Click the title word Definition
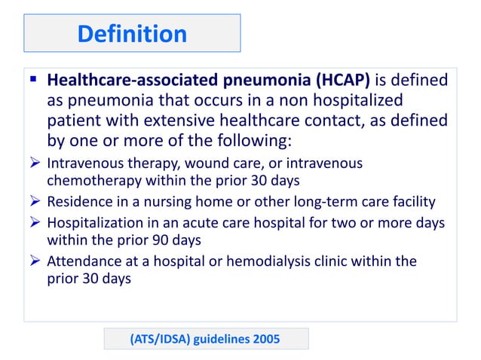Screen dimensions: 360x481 tap(132, 33)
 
